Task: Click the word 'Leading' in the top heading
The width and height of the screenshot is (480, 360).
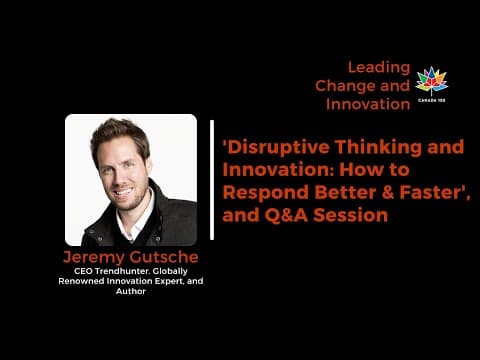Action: pyautogui.click(x=379, y=67)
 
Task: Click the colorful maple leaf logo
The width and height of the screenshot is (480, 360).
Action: pyautogui.click(x=432, y=81)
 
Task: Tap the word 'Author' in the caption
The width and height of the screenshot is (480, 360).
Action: pyautogui.click(x=131, y=291)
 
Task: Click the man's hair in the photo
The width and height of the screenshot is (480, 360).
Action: pyautogui.click(x=125, y=132)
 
